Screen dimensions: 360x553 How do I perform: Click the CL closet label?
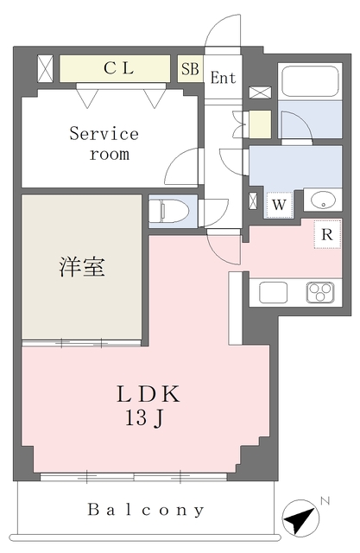119,68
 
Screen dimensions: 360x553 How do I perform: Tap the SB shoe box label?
190,69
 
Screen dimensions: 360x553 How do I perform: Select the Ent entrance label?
223,78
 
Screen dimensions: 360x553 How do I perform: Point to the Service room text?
104,144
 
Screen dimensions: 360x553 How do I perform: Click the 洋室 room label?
82,267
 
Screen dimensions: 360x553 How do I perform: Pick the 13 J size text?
144,418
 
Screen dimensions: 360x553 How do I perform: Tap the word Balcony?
146,510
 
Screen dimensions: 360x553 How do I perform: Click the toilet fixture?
168,211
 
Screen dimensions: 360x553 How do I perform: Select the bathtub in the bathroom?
310,82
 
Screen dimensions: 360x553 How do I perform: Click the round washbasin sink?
323,200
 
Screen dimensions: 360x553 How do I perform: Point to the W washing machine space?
279,205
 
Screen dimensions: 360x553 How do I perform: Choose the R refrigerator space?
327,234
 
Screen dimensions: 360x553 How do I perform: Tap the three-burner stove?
320,292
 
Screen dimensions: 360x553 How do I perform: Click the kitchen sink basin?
274,292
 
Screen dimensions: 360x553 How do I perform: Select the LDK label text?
148,394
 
